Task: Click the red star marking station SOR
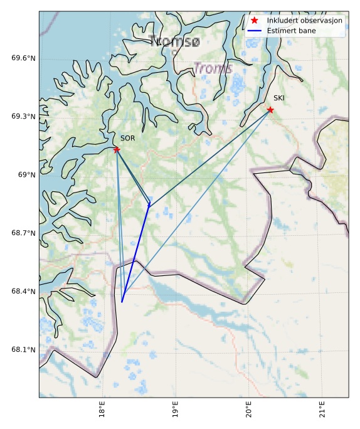pos(117,149)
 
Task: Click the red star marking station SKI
pos(270,110)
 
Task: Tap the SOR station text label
pos(127,138)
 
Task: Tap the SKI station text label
pos(279,98)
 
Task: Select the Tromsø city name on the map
pos(175,41)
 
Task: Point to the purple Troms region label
pos(213,68)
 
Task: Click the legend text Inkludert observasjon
pos(304,21)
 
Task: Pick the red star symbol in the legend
pos(255,21)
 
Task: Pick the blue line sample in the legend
pos(255,30)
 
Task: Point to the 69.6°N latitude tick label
pos(24,58)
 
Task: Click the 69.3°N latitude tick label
pos(24,117)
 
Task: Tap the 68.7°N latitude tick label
pos(24,233)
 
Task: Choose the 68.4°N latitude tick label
pos(24,292)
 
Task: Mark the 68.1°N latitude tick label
pos(24,350)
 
